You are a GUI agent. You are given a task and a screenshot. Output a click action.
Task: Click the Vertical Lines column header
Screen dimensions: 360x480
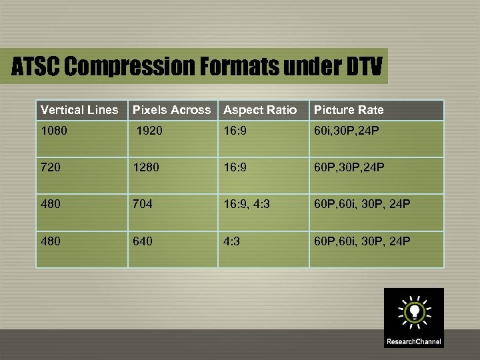[x=79, y=110]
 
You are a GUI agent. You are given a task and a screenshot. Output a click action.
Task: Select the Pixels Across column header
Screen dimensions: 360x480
[x=171, y=110]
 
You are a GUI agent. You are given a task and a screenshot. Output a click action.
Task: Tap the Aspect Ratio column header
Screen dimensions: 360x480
[x=260, y=110]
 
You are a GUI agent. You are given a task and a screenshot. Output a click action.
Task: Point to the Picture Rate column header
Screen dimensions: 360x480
[x=349, y=110]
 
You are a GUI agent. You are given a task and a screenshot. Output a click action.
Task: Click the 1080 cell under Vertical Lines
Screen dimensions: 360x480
[x=54, y=130]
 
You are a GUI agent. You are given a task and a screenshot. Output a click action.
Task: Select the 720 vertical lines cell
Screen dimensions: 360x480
[x=51, y=167]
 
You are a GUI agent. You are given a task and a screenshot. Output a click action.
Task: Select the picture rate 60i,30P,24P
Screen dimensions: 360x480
[x=347, y=130]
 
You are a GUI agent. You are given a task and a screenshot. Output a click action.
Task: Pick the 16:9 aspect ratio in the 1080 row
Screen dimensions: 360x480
[x=235, y=130]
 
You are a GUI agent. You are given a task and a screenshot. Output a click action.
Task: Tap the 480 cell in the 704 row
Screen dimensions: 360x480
[x=51, y=204]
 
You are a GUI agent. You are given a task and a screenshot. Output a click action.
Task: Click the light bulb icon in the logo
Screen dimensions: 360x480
[x=413, y=311]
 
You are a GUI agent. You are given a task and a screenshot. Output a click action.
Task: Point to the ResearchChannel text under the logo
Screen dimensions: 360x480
[x=413, y=342]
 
